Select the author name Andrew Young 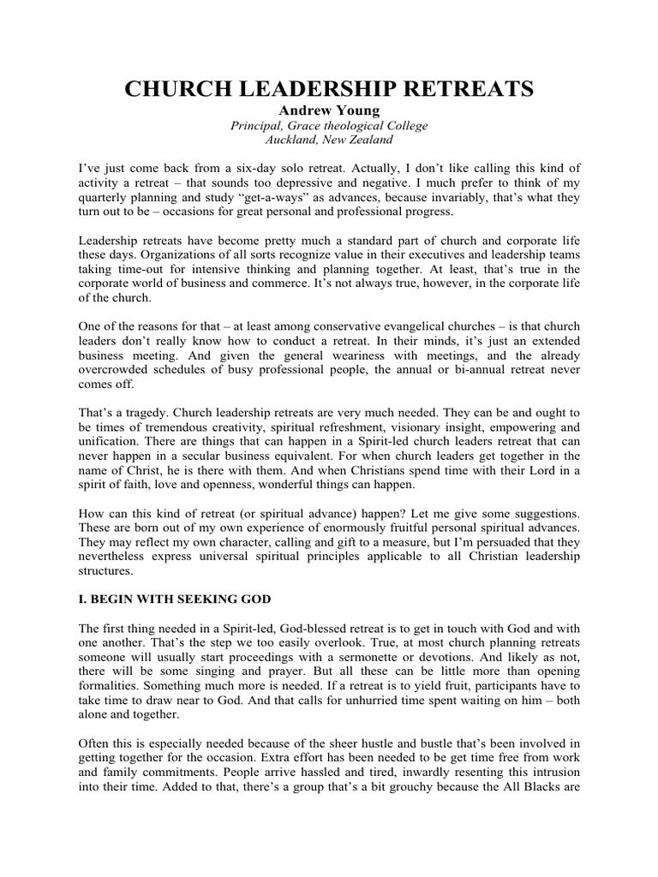[x=329, y=110]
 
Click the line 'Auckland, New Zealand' [x=329, y=140]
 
